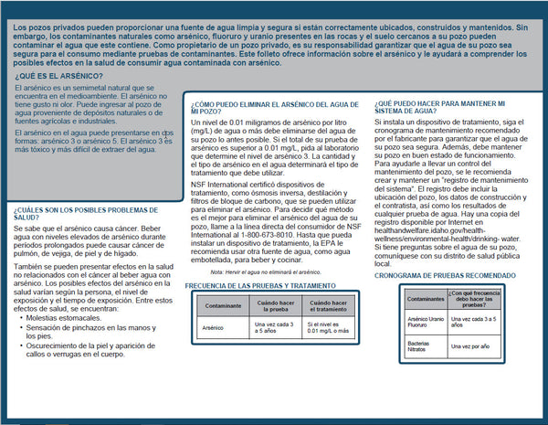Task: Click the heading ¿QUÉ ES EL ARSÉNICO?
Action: (50, 76)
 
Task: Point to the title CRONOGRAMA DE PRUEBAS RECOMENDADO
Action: (451, 273)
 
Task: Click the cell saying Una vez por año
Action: (477, 347)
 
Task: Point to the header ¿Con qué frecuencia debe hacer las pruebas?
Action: (477, 298)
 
